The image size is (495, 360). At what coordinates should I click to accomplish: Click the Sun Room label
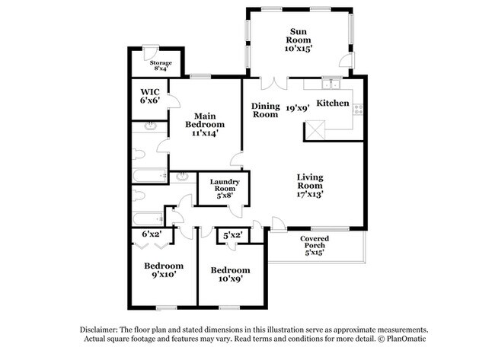(x=299, y=40)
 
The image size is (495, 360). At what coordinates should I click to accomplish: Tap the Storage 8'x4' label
(x=161, y=65)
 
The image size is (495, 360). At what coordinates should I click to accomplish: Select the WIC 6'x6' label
(x=150, y=96)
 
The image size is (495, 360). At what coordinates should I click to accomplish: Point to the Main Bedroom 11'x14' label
(x=205, y=124)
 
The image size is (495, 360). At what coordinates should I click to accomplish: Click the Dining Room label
(x=266, y=110)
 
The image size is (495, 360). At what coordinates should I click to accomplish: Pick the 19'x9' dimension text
(x=297, y=108)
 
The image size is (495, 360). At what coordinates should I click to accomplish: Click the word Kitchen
(x=333, y=104)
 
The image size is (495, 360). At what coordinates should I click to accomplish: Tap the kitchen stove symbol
(x=359, y=110)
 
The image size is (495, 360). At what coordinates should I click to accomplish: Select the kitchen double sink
(x=331, y=84)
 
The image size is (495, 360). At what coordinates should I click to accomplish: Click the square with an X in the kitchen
(x=315, y=130)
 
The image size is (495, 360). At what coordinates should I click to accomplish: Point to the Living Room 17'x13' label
(x=310, y=186)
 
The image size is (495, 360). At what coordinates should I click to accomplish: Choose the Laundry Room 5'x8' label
(x=225, y=189)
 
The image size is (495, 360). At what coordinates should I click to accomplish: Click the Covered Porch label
(x=315, y=245)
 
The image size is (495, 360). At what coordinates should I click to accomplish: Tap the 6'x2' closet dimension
(x=152, y=234)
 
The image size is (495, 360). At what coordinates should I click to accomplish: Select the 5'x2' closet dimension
(x=233, y=235)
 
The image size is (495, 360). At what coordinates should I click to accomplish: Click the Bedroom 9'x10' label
(x=164, y=270)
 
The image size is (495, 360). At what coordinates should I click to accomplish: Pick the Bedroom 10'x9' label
(x=231, y=274)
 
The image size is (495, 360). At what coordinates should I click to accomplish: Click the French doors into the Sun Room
(x=274, y=84)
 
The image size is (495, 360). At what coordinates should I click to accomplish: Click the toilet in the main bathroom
(x=139, y=155)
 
